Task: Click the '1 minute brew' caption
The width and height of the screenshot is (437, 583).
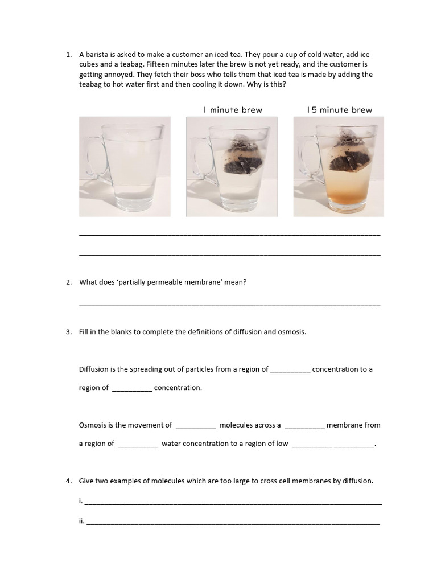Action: pos(233,110)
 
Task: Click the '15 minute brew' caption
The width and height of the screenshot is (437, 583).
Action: pos(339,110)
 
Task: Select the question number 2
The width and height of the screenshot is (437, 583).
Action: pos(68,282)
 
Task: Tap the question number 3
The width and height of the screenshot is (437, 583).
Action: pos(68,332)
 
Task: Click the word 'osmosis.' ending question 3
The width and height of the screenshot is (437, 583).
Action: pos(291,332)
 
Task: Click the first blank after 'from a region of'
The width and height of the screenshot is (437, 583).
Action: pos(290,370)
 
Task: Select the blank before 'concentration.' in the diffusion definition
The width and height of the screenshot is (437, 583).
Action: pos(132,389)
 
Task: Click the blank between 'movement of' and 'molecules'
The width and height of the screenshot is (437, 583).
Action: pos(196,426)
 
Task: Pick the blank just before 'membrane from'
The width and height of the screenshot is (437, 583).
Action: pos(304,426)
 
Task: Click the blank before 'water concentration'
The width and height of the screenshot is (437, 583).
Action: pos(138,445)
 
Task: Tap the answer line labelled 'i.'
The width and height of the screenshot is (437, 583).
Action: pos(233,503)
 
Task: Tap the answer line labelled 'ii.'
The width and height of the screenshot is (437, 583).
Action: pos(233,522)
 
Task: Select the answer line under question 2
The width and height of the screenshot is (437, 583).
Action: pos(229,305)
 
